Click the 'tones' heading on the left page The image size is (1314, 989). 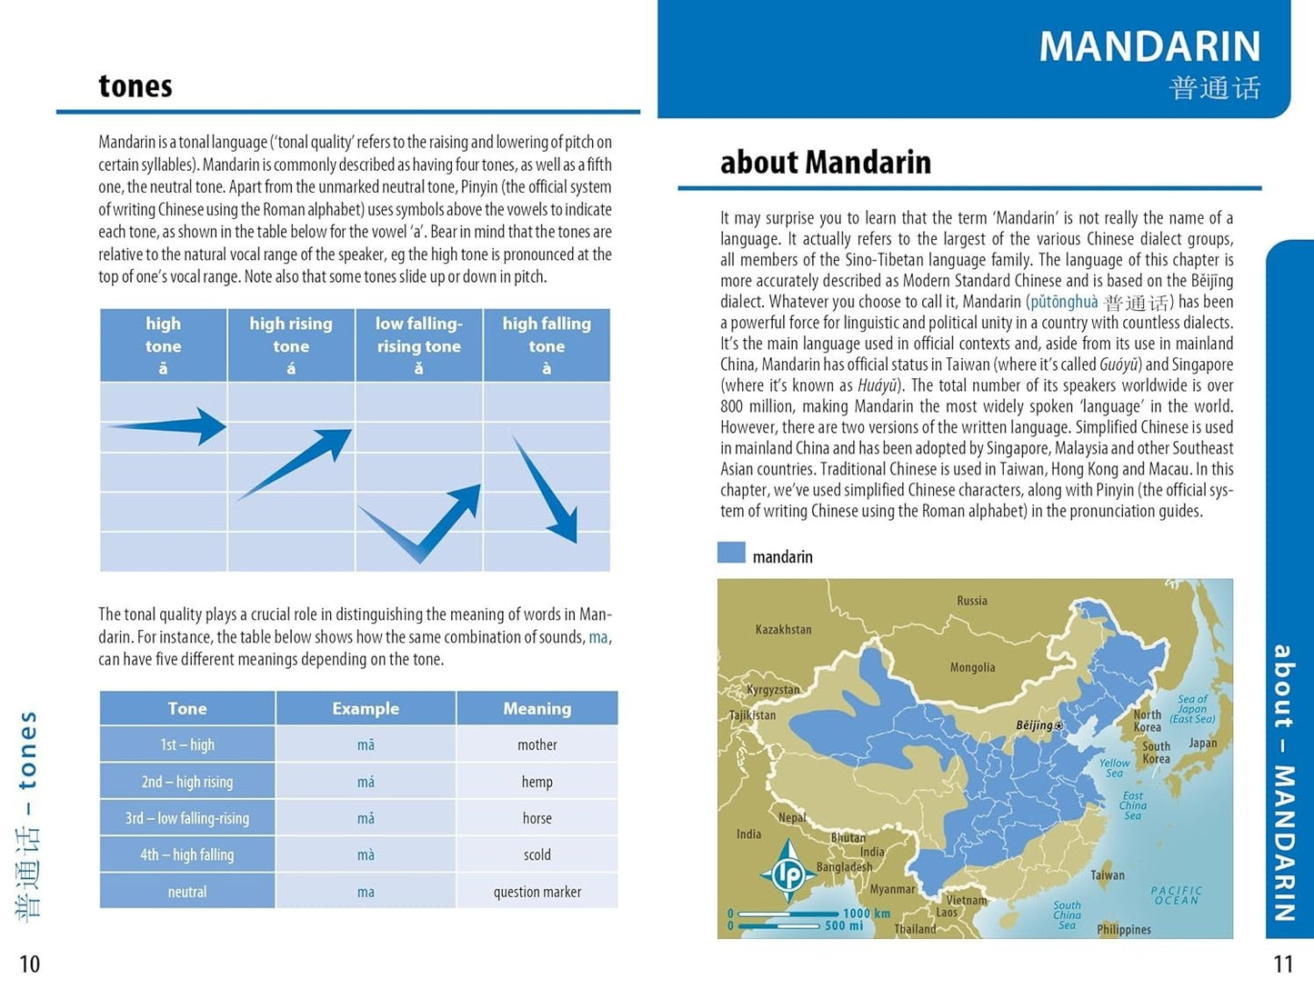coord(135,86)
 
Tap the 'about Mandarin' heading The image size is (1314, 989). coord(825,163)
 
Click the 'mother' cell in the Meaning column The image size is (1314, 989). coord(537,745)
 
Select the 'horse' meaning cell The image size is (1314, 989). coord(537,818)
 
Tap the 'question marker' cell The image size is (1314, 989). coord(537,892)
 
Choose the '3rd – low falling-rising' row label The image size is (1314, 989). coord(187,818)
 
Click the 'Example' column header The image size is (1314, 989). coord(366,708)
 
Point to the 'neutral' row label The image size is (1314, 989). coord(187,892)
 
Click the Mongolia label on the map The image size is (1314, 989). coord(972,667)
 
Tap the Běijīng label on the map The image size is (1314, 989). coord(1035,725)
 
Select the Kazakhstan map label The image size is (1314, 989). coord(783,629)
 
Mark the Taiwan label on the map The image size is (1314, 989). coord(1108,875)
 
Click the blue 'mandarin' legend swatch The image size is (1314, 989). coord(731,554)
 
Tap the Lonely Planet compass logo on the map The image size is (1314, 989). coord(787,871)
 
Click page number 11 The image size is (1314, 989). coord(1282,964)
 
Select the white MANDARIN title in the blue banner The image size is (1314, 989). coord(1149,46)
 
